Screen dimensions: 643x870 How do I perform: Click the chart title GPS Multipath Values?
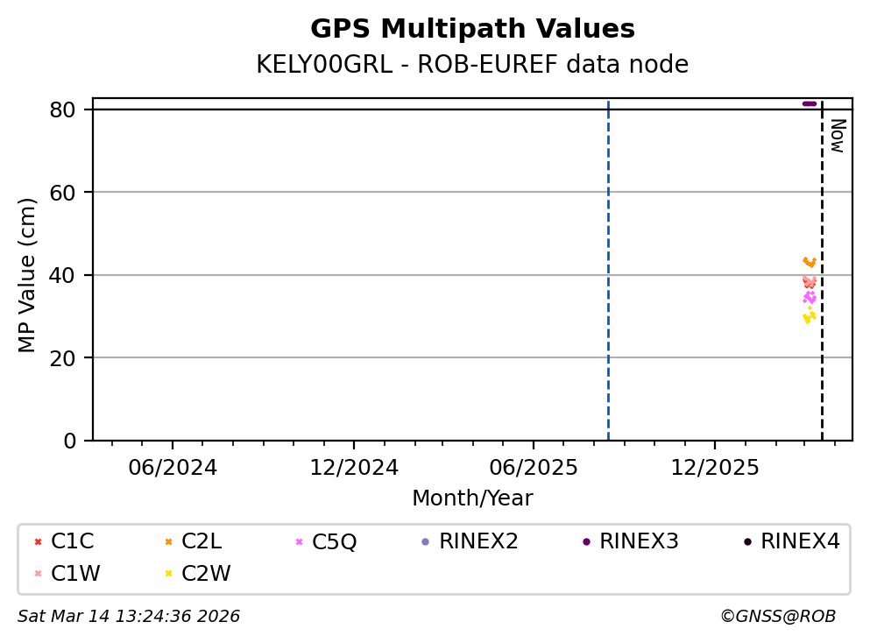472,29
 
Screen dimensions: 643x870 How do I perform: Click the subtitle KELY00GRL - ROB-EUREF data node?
472,65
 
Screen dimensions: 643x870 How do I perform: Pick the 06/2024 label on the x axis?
173,468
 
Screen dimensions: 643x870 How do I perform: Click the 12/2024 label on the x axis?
353,468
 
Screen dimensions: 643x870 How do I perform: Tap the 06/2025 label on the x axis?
534,468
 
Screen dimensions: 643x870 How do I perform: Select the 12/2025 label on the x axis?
714,468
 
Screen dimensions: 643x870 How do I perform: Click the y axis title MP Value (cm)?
28,275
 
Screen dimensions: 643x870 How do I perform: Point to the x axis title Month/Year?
472,498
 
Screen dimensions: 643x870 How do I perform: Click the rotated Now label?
837,136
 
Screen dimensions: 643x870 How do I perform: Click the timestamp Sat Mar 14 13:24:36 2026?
129,617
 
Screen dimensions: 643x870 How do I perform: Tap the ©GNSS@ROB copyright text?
778,617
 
